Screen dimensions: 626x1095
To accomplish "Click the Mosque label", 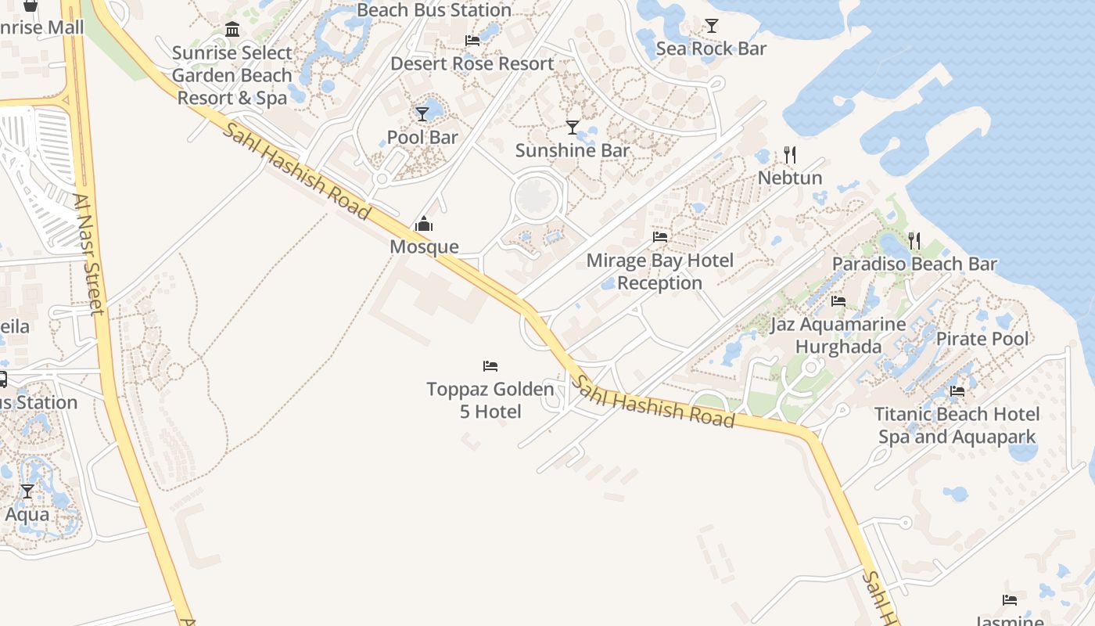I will (424, 247).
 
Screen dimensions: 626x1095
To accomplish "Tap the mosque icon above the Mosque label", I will (424, 225).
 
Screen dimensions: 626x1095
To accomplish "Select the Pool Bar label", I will (422, 138).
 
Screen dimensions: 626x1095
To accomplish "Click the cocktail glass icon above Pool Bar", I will (422, 114).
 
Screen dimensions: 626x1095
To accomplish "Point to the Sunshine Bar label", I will (573, 150).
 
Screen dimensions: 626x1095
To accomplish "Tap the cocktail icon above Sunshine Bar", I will (573, 127).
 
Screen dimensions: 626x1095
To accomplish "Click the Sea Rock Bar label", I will (711, 49).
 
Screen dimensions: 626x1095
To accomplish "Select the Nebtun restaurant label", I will (790, 178).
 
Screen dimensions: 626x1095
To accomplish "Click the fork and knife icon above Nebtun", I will (790, 154).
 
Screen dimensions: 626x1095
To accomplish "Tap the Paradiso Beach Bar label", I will (914, 264).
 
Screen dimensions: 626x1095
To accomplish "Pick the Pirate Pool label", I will (982, 339).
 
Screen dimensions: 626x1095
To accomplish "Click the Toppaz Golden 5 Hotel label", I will (490, 400).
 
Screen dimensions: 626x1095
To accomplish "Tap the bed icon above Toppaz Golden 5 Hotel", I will (490, 365).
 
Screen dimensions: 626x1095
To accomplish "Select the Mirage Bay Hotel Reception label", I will (660, 272).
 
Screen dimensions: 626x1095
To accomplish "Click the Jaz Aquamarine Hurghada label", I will (838, 336).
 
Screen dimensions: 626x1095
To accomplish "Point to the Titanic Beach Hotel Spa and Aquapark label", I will (957, 426).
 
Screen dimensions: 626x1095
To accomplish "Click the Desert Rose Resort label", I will (472, 64).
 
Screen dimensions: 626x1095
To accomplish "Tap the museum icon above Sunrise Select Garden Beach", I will (232, 30).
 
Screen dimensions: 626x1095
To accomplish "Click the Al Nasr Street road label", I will (90, 254).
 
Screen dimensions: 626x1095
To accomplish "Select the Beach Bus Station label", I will (434, 10).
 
